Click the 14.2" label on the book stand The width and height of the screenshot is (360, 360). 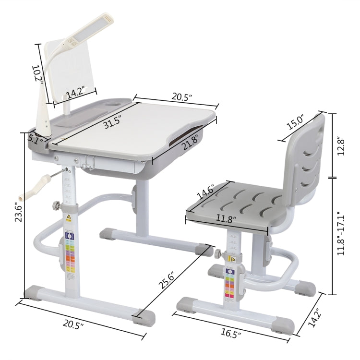[x=75, y=92]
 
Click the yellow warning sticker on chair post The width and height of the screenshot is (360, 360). [x=233, y=259]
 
